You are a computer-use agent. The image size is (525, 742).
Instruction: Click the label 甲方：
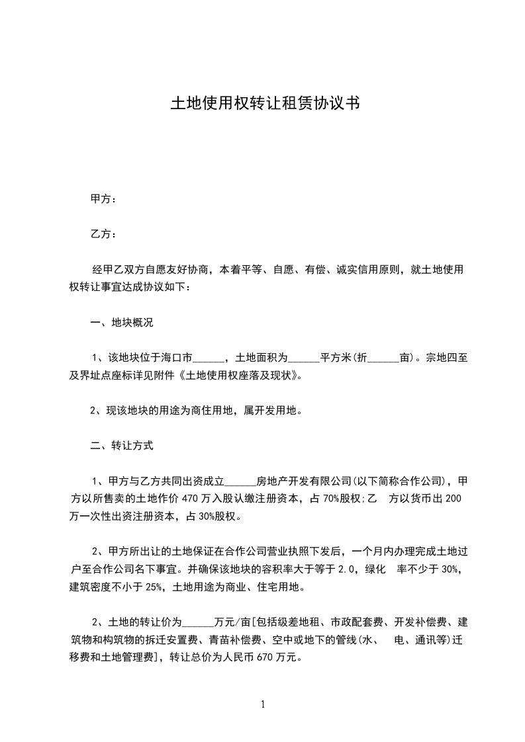coord(103,198)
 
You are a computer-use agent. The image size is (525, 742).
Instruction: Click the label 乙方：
coord(103,234)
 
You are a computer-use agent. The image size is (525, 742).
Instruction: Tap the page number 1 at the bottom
coord(263,704)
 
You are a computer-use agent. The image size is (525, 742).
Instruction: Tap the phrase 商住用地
coord(209,411)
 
